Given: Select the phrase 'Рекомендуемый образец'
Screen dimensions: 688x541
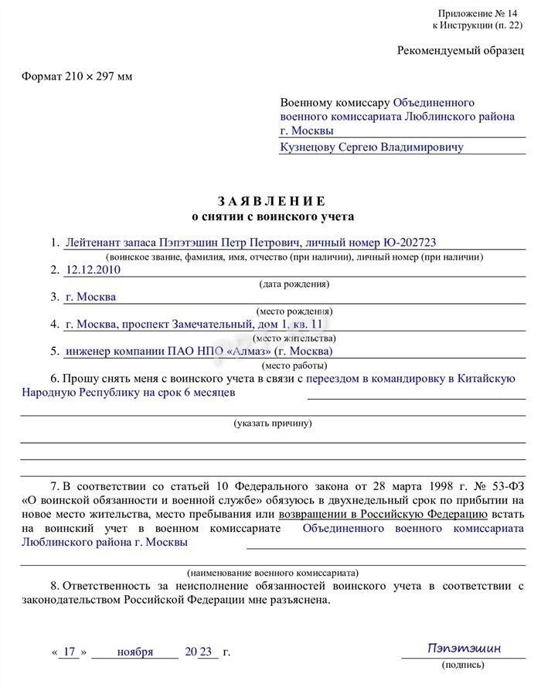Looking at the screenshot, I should click(462, 50).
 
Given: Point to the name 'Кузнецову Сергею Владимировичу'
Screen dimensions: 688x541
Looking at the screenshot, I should click(372, 147).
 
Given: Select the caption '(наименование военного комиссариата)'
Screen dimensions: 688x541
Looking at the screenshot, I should click(272, 573).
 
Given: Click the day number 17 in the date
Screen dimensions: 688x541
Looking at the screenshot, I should click(70, 652).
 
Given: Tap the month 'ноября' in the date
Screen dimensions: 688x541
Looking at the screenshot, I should click(135, 652).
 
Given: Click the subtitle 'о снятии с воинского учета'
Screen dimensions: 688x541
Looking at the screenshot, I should click(273, 216).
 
